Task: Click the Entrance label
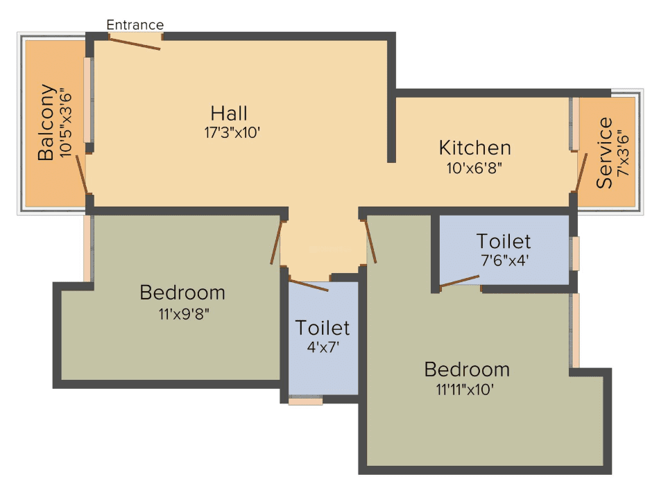[135, 25]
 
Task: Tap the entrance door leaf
[136, 43]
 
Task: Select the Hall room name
[229, 113]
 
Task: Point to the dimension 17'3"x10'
[232, 132]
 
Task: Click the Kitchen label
[475, 148]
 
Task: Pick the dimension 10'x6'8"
[474, 167]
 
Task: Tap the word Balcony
[46, 122]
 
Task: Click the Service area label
[605, 153]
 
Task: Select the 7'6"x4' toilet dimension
[504, 261]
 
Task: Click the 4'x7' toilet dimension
[323, 347]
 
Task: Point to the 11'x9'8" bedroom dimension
[183, 313]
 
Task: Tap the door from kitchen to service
[581, 173]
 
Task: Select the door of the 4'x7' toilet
[309, 286]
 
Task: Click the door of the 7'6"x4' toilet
[459, 281]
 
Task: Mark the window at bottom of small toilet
[306, 400]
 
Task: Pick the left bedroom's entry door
[276, 243]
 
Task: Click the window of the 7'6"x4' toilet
[575, 254]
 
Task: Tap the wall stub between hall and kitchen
[392, 129]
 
